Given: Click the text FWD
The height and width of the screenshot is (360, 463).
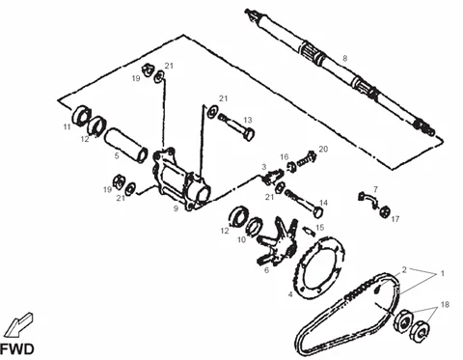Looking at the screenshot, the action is [x=16, y=349].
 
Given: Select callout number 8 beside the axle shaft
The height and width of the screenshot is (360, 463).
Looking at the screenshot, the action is [x=345, y=58].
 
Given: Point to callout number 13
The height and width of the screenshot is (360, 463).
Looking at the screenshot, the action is [x=248, y=120].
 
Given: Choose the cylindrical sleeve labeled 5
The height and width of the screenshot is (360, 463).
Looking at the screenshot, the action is [x=126, y=146].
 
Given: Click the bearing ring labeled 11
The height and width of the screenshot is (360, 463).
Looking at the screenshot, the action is [x=80, y=115].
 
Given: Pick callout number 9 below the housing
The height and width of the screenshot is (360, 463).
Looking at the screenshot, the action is [x=176, y=208].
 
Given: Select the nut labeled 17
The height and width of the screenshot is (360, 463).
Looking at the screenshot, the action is [x=385, y=212].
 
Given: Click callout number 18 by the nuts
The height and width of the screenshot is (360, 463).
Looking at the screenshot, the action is [x=445, y=304].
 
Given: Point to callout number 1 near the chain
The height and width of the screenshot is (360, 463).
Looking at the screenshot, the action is [x=443, y=273].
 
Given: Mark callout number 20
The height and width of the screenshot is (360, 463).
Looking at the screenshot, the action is [x=323, y=149].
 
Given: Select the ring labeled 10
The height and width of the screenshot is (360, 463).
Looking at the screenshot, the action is [x=255, y=226].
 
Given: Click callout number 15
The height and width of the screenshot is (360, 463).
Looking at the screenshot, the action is [x=319, y=228].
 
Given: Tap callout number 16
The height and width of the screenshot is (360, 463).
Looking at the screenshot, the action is [x=285, y=156].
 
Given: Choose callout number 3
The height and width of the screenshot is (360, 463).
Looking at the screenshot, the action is [x=263, y=167].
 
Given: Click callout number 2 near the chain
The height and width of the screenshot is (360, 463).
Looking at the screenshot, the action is [x=404, y=269].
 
